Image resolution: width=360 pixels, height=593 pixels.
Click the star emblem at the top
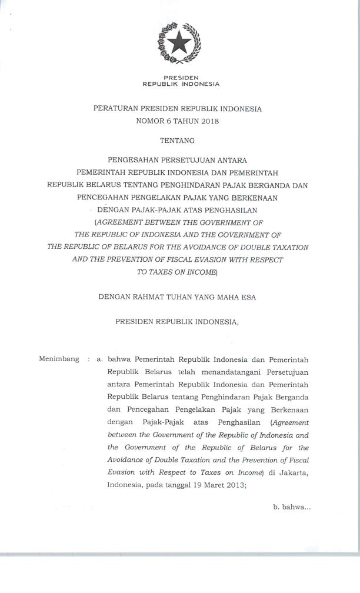coord(181,42)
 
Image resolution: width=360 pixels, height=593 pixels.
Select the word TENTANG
coord(181,141)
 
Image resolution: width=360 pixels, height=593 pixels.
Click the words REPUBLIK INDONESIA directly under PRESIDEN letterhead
coord(181,83)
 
